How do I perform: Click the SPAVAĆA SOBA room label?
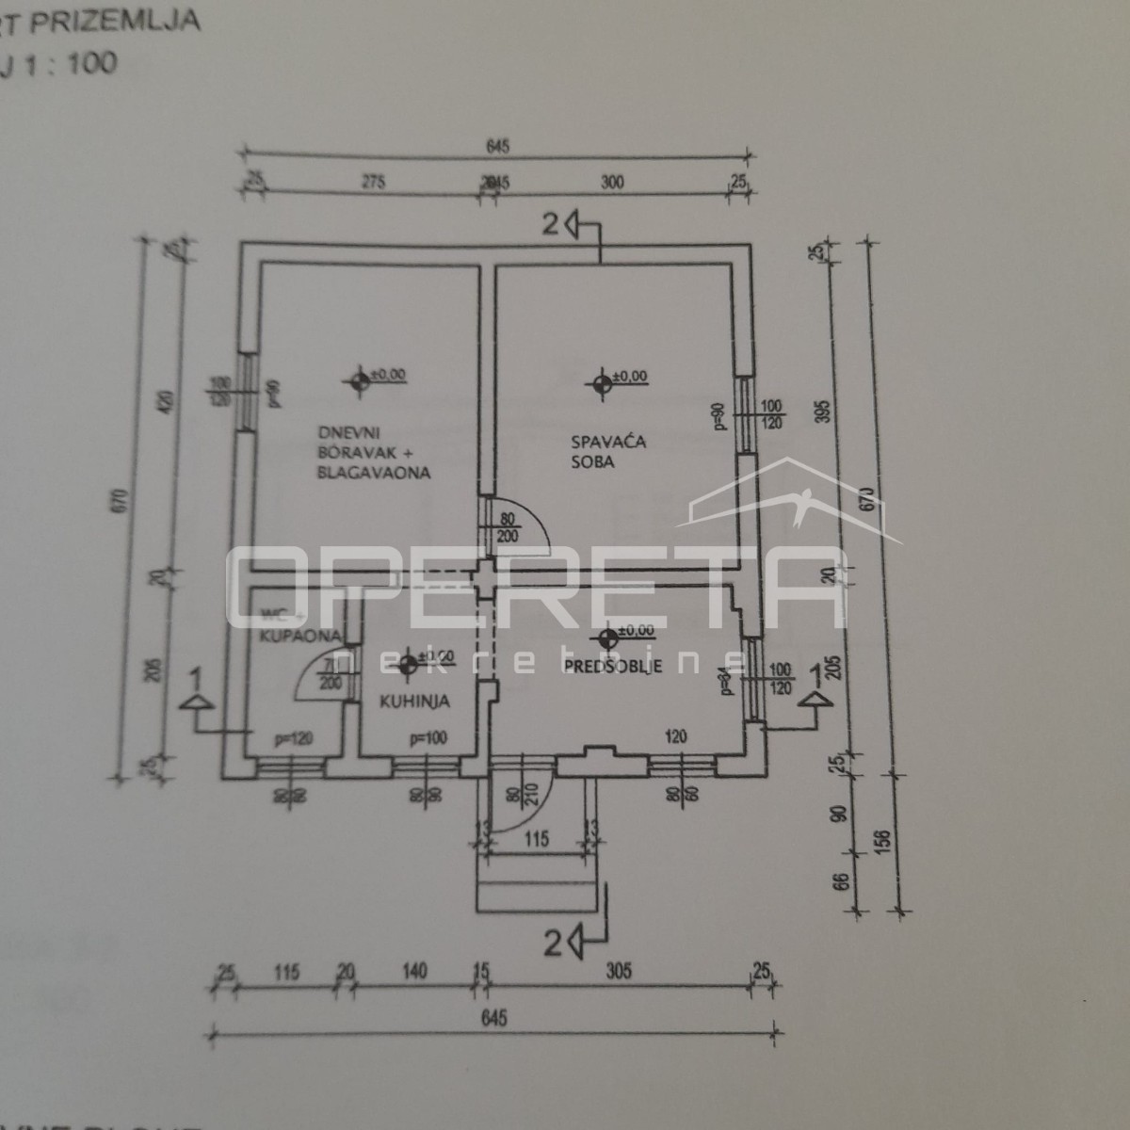(x=594, y=451)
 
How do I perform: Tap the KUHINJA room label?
(x=414, y=701)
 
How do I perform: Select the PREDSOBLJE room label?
(x=613, y=666)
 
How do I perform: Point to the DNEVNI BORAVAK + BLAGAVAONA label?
(x=374, y=452)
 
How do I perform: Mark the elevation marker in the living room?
(x=359, y=380)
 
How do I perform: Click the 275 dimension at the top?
(x=373, y=184)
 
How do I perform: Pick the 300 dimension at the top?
(x=612, y=184)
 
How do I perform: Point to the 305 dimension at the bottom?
(x=619, y=971)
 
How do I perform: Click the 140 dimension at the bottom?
(x=413, y=971)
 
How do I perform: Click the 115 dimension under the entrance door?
(x=536, y=838)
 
